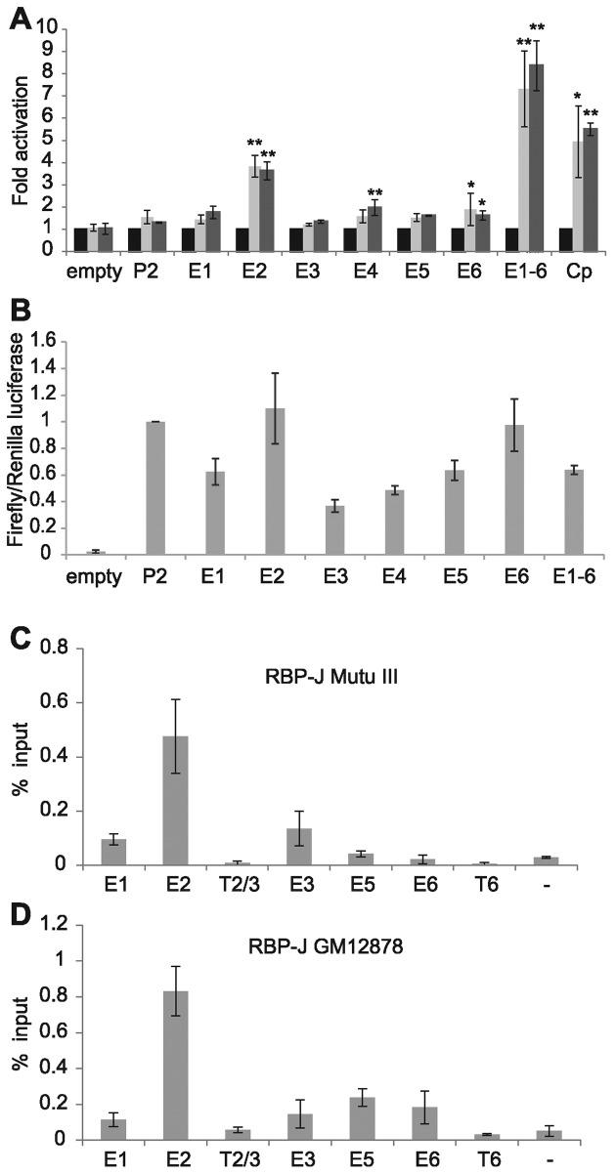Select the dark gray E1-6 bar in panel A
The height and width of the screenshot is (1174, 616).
pyautogui.click(x=537, y=157)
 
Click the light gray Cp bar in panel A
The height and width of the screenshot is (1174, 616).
pyautogui.click(x=578, y=195)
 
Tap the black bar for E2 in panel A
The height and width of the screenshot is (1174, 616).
pyautogui.click(x=243, y=239)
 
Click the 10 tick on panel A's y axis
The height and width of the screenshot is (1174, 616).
pyautogui.click(x=43, y=28)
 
